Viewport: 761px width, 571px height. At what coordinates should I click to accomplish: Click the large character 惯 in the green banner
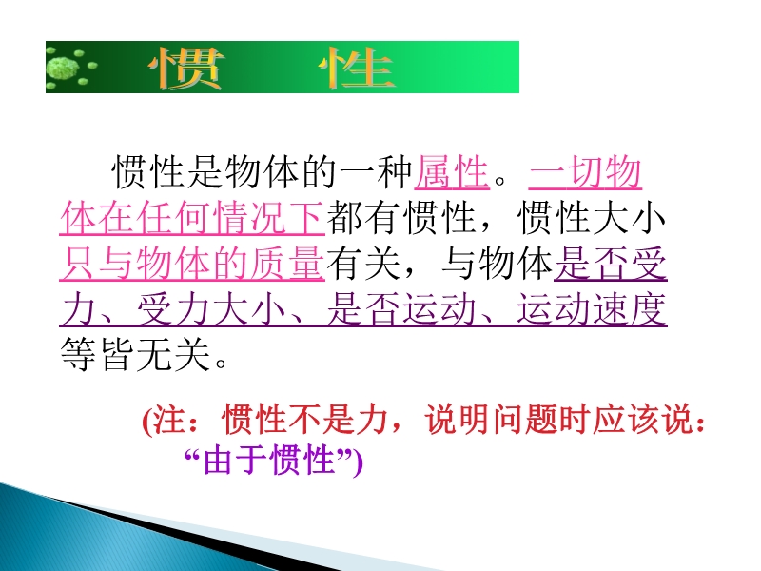186,69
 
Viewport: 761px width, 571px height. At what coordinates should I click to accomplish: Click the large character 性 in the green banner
356,69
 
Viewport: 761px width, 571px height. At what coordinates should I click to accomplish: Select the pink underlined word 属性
452,172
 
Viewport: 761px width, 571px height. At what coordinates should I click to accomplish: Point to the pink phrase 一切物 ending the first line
585,172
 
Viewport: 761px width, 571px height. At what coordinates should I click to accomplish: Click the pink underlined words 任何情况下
229,218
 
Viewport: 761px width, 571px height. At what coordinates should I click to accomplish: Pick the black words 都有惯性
400,218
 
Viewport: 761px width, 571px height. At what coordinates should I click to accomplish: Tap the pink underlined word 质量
287,264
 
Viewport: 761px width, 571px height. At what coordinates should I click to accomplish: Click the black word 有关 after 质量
363,264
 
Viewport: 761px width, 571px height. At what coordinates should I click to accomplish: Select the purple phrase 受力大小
211,309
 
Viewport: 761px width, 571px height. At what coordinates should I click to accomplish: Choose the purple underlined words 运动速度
591,309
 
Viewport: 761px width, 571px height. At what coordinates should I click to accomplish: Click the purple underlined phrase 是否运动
400,309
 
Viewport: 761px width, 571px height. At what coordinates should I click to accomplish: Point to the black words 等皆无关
135,355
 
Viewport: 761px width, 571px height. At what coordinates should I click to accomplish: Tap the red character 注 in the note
171,420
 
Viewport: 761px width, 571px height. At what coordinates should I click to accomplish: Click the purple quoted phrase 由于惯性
269,460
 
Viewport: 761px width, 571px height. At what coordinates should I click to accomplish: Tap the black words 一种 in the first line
376,172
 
